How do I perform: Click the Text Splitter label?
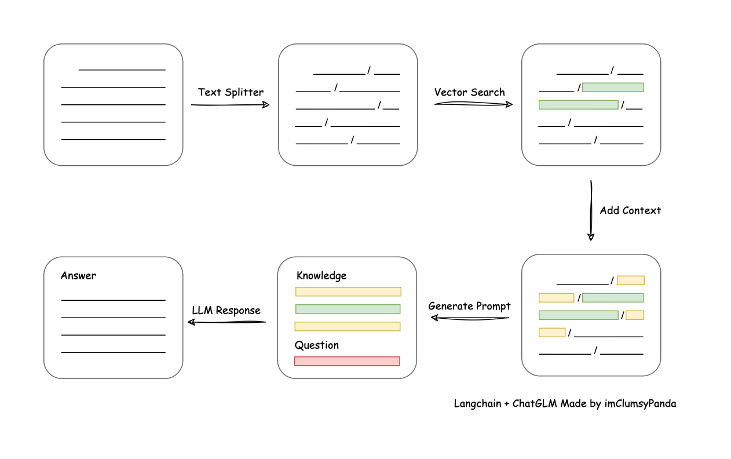231,92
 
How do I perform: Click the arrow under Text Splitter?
231,105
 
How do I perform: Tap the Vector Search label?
469,92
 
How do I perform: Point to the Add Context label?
630,210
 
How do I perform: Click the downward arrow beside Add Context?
591,210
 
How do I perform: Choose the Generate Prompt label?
469,306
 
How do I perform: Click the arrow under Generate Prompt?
469,318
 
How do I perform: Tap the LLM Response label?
226,311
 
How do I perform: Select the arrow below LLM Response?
226,322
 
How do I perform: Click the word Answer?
78,276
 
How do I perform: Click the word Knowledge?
321,276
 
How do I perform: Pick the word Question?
317,345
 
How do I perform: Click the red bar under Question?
347,361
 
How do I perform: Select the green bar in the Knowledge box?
348,309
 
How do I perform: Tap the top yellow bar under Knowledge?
348,292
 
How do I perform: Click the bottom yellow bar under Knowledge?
348,326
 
